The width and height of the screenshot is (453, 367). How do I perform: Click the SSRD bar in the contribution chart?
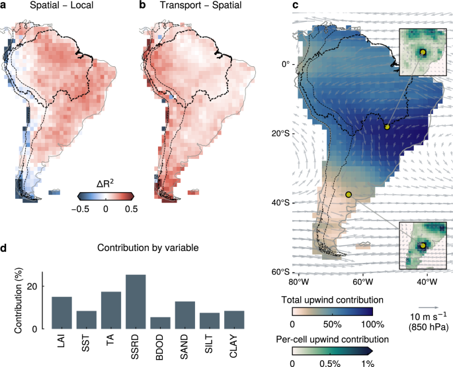click(x=136, y=301)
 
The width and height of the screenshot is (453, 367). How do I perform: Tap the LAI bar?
click(x=62, y=313)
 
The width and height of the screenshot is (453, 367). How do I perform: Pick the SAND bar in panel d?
click(x=185, y=315)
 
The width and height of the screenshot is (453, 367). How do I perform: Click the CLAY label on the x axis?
click(x=233, y=346)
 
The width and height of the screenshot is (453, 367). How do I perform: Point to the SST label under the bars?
click(x=85, y=343)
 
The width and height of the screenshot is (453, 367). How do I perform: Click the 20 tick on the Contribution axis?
click(x=33, y=286)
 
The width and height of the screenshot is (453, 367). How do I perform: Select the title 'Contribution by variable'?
click(x=148, y=248)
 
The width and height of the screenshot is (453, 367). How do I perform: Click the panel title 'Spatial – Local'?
click(x=62, y=5)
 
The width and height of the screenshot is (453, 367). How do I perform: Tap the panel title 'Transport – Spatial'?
click(x=201, y=5)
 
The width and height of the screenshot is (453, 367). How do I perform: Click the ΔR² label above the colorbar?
click(x=105, y=183)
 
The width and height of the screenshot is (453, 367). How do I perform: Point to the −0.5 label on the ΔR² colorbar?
click(x=80, y=209)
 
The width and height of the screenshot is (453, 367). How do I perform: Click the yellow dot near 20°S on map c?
click(x=387, y=127)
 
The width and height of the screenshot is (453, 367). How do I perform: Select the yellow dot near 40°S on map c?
click(x=349, y=195)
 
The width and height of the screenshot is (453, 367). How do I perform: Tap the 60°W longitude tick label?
click(x=363, y=282)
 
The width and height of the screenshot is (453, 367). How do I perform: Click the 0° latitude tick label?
click(x=286, y=64)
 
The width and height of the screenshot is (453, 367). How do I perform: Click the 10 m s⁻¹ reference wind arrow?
click(x=429, y=308)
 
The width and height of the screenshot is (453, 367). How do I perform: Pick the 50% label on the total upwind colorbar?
click(x=332, y=324)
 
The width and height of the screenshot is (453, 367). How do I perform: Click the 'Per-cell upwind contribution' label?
click(x=332, y=339)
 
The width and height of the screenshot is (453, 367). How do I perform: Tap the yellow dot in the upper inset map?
click(x=423, y=52)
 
